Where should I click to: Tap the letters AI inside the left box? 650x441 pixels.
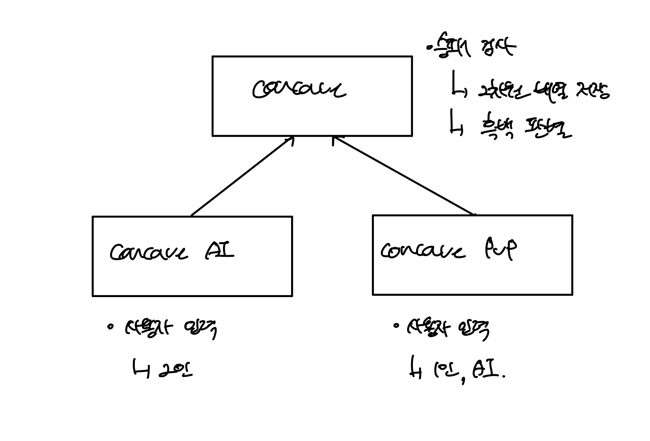point(220,252)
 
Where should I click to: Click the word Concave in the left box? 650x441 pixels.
point(149,253)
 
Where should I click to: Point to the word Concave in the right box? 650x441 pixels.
point(423,251)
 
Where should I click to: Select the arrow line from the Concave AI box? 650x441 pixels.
point(242,176)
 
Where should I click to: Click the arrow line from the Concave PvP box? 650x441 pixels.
point(404,176)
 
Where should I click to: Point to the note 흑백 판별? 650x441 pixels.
point(525,129)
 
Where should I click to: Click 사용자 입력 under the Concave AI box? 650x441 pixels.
point(171,329)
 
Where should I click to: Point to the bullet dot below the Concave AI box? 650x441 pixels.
point(110,326)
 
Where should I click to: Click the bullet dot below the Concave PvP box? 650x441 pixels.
point(396,326)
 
